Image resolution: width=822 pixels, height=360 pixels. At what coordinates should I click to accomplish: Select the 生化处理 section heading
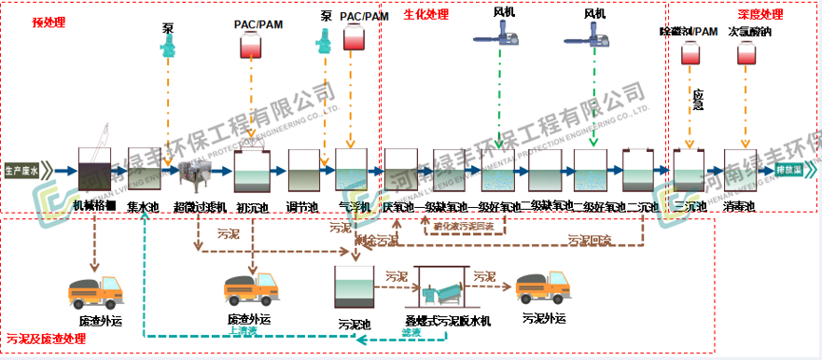425,15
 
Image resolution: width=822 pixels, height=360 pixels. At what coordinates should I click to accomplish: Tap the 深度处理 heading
760,15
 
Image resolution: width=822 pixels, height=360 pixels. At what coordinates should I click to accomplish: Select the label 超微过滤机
201,207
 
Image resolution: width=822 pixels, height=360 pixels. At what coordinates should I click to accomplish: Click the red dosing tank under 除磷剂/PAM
689,55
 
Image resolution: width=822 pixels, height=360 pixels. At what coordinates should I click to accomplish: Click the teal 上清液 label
242,329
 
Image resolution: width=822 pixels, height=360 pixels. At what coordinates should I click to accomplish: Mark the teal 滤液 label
411,332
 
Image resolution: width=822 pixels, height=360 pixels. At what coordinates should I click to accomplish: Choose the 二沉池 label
642,206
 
